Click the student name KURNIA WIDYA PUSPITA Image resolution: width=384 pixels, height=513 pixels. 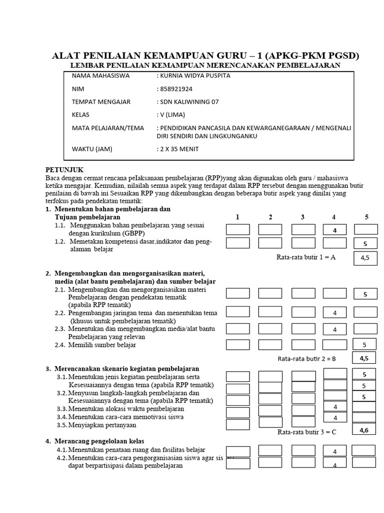click(x=190, y=76)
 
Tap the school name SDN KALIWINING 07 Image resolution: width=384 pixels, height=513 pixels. click(x=187, y=102)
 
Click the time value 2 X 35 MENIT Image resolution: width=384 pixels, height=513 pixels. click(x=179, y=149)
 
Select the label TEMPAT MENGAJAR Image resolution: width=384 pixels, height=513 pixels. click(x=101, y=102)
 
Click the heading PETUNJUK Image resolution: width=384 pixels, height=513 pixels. click(x=64, y=170)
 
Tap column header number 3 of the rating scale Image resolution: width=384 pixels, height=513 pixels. click(x=302, y=217)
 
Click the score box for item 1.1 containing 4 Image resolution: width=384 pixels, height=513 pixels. click(x=335, y=230)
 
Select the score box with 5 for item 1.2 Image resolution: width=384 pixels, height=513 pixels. click(x=366, y=243)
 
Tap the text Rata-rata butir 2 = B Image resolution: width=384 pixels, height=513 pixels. click(x=306, y=359)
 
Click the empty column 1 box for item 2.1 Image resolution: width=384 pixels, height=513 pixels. click(x=238, y=294)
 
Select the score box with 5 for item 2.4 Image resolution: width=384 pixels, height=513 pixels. click(x=364, y=344)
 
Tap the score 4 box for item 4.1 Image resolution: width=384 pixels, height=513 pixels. click(x=335, y=451)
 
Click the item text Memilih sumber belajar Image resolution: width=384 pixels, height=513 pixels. click(x=102, y=345)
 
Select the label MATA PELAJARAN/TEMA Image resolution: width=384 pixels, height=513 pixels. click(x=108, y=128)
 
